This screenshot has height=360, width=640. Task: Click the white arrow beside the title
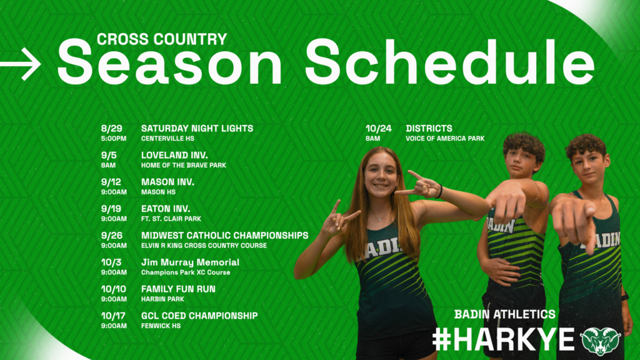(x=21, y=64)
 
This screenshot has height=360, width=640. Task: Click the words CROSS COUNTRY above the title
(x=162, y=39)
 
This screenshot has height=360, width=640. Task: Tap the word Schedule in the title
(x=450, y=62)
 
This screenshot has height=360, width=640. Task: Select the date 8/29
(x=112, y=129)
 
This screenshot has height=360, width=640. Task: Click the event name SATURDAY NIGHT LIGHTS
(x=197, y=129)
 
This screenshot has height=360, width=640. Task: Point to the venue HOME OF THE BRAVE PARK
(x=184, y=165)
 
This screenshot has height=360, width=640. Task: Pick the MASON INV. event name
(x=167, y=182)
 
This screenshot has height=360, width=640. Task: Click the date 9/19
(x=111, y=209)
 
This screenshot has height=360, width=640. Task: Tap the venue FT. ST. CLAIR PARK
(x=171, y=219)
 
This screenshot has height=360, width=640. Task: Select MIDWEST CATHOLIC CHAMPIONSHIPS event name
(x=225, y=236)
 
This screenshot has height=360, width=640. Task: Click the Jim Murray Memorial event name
(x=190, y=262)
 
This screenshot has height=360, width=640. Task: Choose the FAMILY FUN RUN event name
(x=178, y=289)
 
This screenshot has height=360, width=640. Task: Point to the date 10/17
(x=114, y=316)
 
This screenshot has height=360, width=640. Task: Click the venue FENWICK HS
(x=161, y=326)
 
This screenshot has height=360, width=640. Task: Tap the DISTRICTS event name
(x=429, y=129)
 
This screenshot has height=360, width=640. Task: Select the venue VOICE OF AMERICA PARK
(x=445, y=139)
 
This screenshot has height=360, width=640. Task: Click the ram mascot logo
(x=601, y=341)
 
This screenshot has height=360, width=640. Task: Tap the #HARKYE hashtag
(x=504, y=339)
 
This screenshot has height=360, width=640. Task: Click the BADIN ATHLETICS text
(x=505, y=314)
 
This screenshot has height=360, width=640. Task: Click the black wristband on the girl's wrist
(x=439, y=191)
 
